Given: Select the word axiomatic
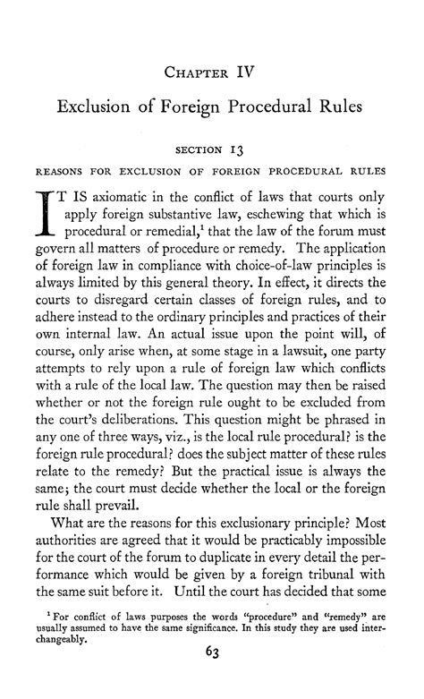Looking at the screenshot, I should tap(123, 198).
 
